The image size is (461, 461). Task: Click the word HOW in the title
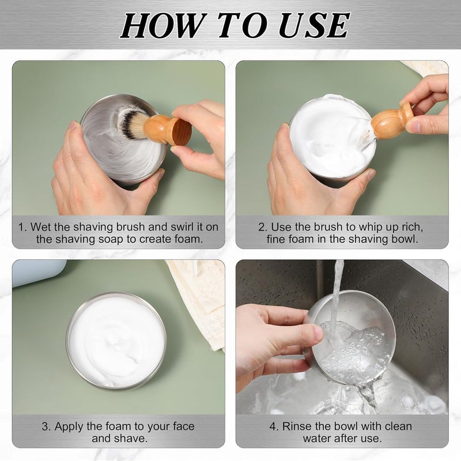point(162,25)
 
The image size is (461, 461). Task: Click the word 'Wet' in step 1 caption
point(40,227)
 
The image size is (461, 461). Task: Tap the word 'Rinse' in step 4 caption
point(297,426)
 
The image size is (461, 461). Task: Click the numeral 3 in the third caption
point(45,426)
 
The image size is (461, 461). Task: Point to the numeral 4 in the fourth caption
point(273,426)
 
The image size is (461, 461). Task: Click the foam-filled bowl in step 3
point(116,341)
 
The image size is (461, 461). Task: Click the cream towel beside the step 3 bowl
point(200,300)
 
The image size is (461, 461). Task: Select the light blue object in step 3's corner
point(37,273)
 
